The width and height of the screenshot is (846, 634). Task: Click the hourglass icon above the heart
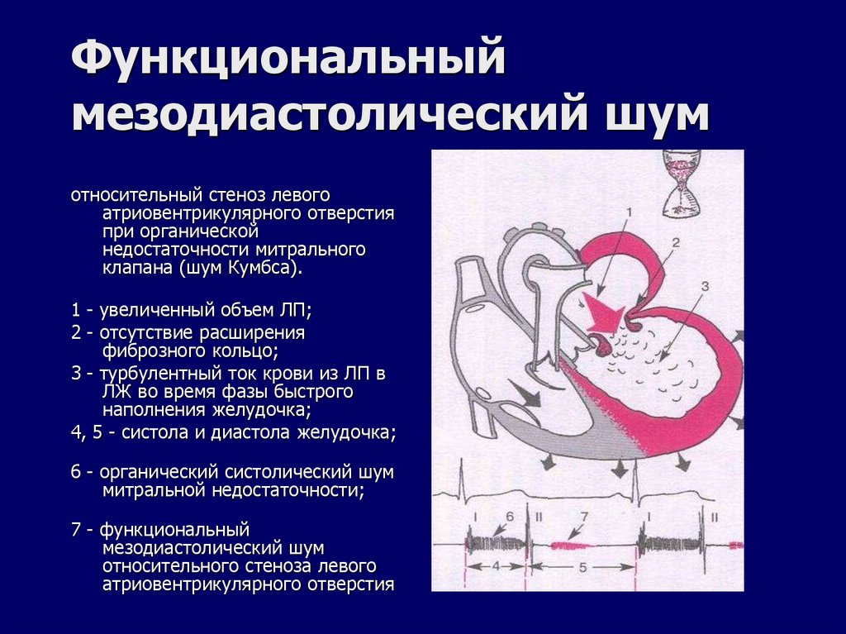pyautogui.click(x=682, y=183)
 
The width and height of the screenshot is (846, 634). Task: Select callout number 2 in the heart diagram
pyautogui.click(x=674, y=243)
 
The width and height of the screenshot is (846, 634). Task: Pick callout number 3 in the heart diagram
pyautogui.click(x=704, y=286)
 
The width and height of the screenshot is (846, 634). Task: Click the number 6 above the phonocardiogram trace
pyautogui.click(x=510, y=517)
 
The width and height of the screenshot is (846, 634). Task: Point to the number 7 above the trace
pyautogui.click(x=583, y=517)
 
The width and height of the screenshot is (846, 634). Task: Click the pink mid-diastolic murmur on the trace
pyautogui.click(x=569, y=545)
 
